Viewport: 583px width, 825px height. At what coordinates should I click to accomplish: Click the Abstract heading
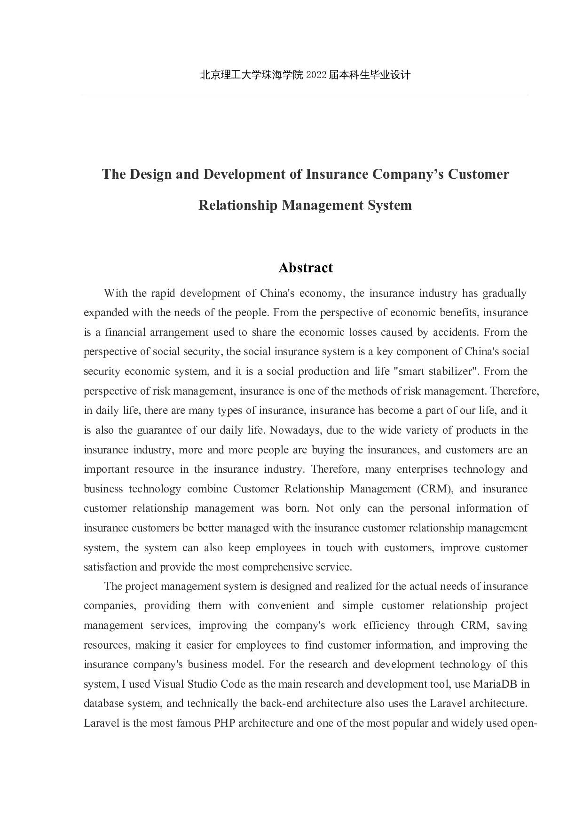[x=305, y=268]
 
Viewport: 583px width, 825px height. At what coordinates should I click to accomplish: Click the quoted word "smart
[x=412, y=371]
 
